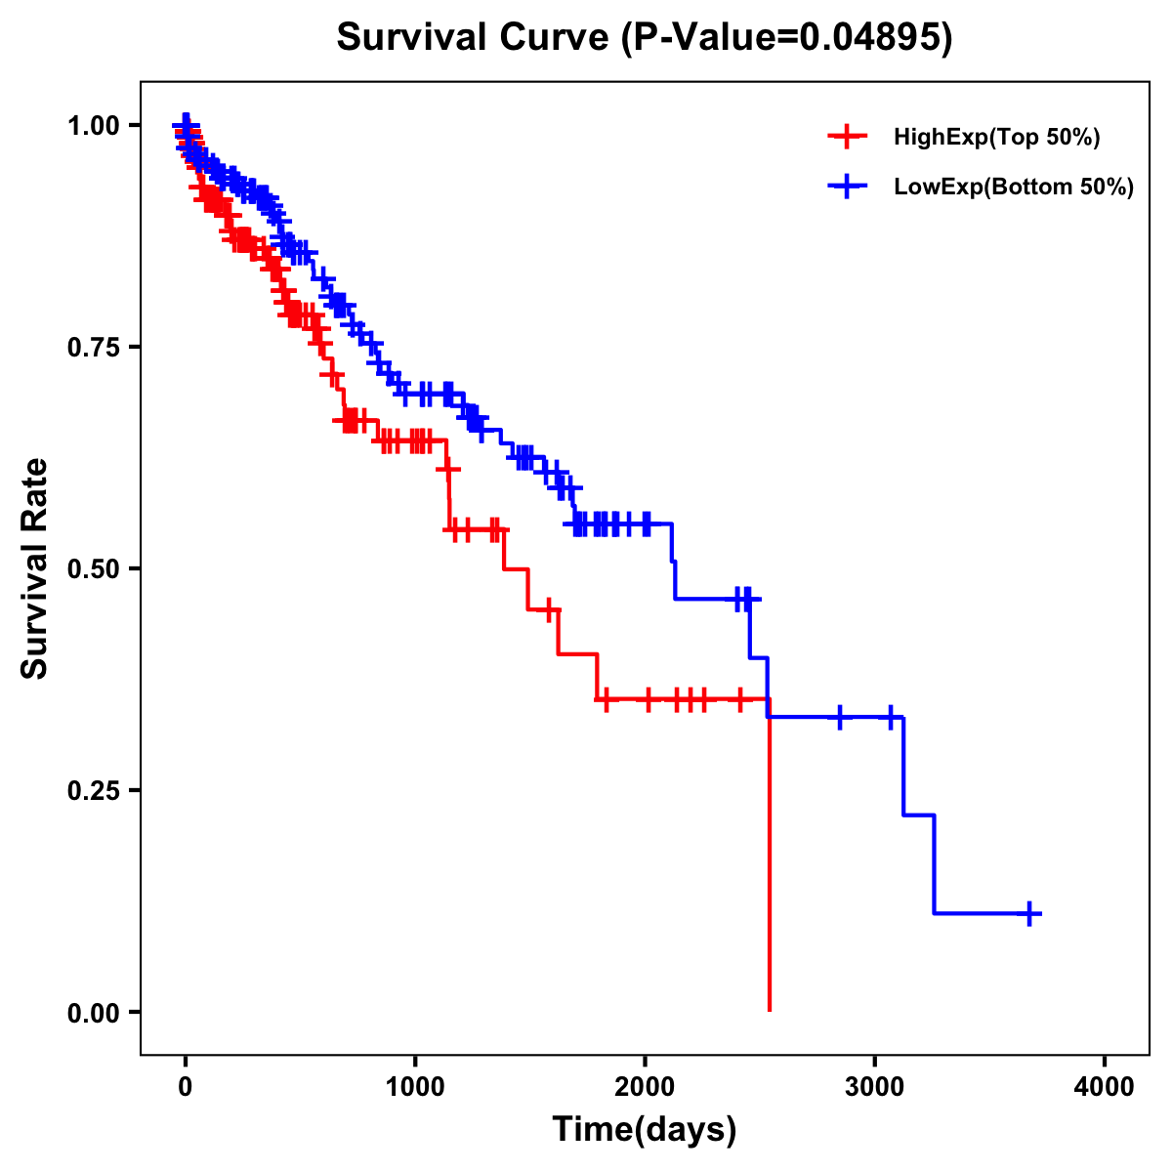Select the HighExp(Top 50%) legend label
[997, 138]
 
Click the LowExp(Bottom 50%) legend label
[1014, 187]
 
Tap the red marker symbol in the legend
[847, 138]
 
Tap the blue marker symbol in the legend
[847, 187]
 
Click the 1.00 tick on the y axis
[93, 126]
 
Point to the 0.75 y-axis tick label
[93, 348]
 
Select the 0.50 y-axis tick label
[93, 569]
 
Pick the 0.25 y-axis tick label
[93, 791]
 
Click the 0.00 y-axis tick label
[93, 1013]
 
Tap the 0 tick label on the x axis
[186, 1087]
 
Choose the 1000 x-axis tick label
[415, 1087]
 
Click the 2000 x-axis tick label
[645, 1087]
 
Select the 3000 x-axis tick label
[875, 1087]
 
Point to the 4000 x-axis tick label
[1105, 1087]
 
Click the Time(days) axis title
[645, 1130]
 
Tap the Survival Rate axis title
[35, 568]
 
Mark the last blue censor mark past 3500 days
[1029, 913]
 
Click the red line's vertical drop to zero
[770, 859]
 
